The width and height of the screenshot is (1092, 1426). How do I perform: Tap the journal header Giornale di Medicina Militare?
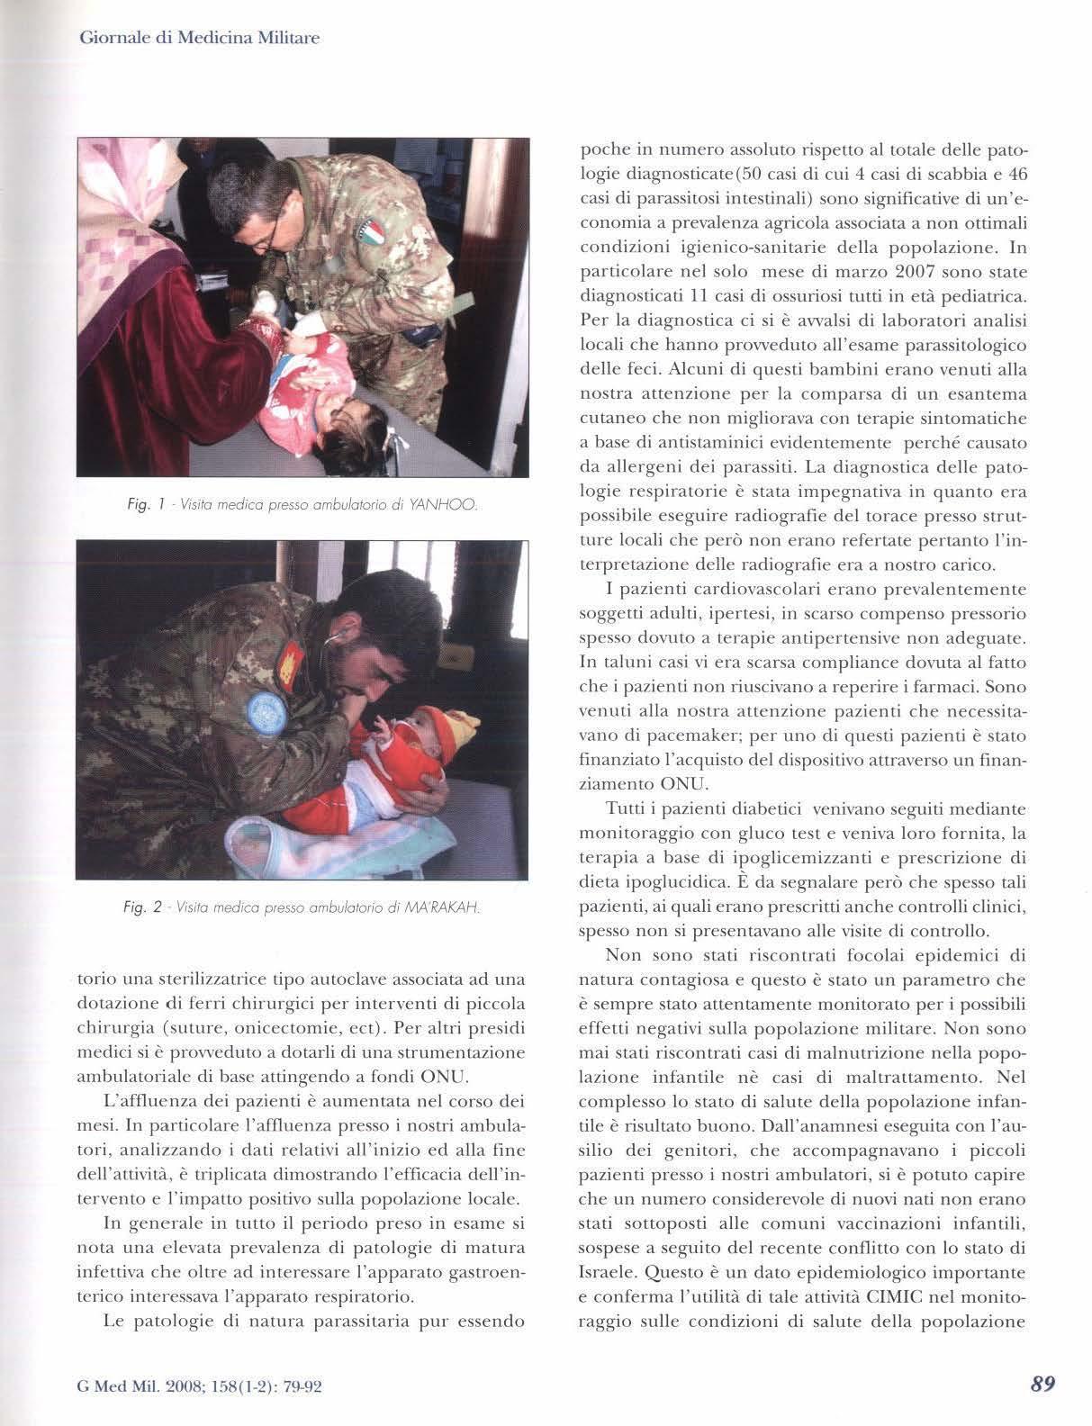[200, 39]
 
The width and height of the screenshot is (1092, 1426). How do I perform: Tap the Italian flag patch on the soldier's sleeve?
[374, 235]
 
